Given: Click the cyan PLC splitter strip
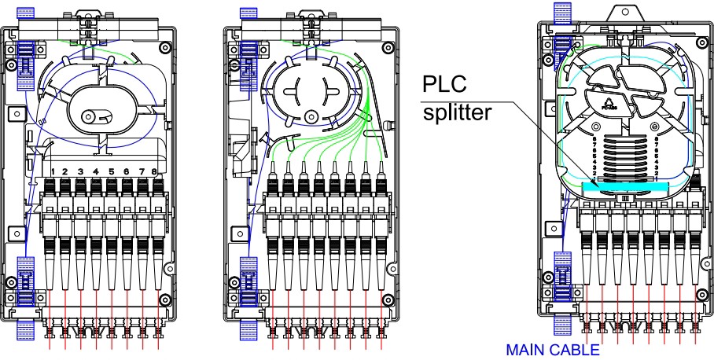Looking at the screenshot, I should pyautogui.click(x=625, y=187).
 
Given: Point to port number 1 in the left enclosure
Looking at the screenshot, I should pyautogui.click(x=51, y=171).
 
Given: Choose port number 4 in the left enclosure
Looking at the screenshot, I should pyautogui.click(x=96, y=171).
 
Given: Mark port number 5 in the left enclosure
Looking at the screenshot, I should pyautogui.click(x=112, y=171).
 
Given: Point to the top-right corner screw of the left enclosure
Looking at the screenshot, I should pyautogui.click(x=165, y=48).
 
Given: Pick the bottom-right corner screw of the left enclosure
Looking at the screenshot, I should pyautogui.click(x=165, y=299).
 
